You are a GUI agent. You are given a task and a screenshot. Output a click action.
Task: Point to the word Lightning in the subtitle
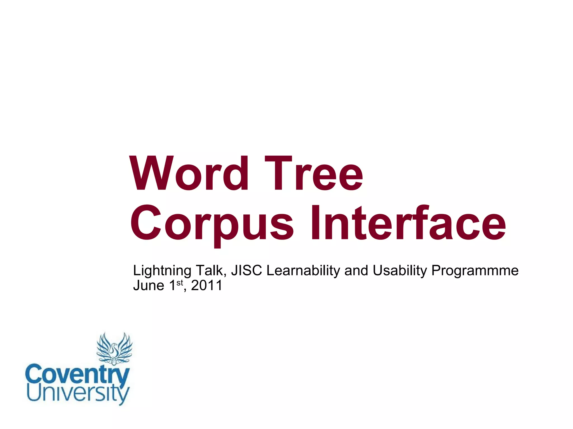point(162,271)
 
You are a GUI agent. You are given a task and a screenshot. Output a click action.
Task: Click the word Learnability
point(303,271)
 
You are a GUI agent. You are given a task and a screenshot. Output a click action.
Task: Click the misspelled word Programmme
point(475,271)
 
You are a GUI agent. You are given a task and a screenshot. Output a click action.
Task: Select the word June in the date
point(149,286)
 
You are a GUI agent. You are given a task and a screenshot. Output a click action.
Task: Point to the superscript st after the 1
point(180,283)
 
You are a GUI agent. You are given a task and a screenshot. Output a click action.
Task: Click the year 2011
point(206,286)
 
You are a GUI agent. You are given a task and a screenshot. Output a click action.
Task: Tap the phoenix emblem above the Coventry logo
point(114,349)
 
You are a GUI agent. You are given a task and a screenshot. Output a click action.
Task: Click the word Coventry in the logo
point(77,374)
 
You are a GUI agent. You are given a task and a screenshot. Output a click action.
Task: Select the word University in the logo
point(78,393)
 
